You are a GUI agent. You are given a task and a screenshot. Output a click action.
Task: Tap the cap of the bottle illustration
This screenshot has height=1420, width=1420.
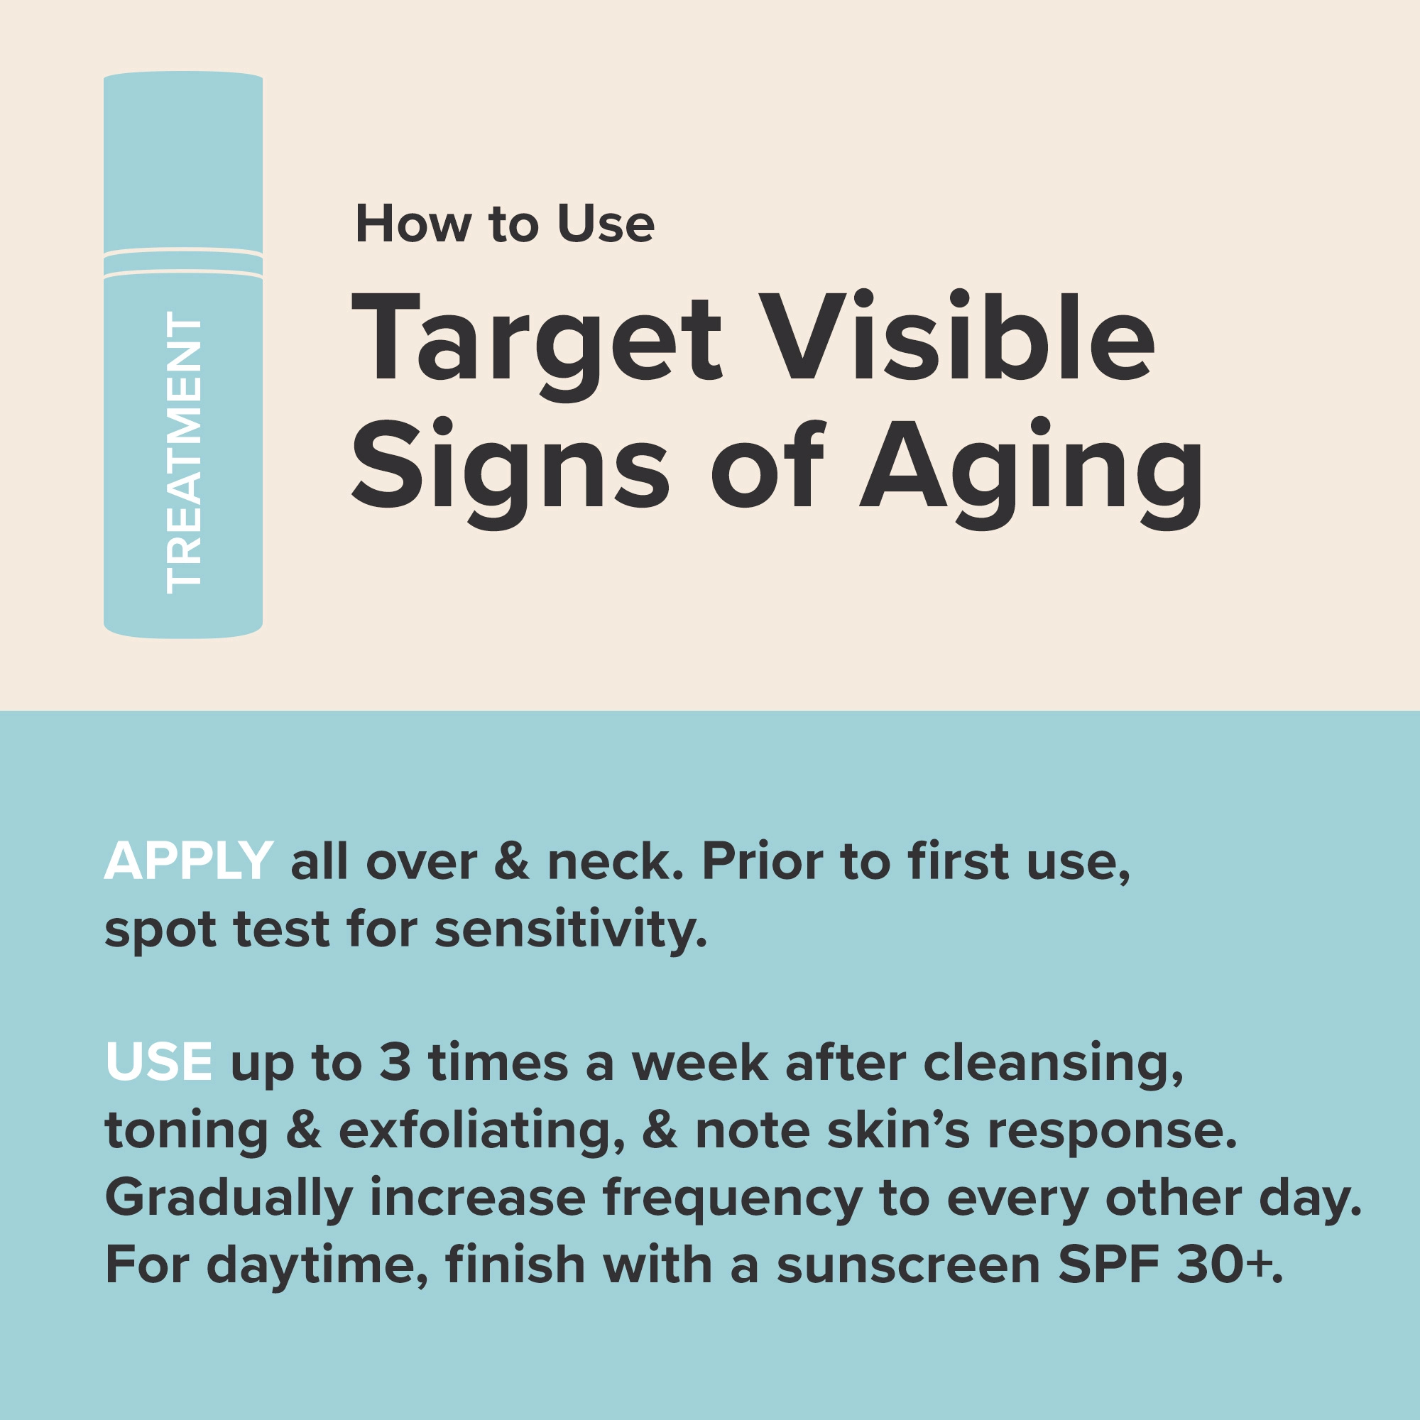183,162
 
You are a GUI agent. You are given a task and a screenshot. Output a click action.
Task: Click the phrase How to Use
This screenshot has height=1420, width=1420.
504,224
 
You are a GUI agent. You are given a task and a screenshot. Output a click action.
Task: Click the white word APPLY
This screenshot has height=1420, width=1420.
189,861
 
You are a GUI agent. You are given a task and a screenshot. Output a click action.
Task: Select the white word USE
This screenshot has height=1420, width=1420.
159,1063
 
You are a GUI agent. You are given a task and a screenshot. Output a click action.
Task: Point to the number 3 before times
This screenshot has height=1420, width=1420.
395,1064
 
